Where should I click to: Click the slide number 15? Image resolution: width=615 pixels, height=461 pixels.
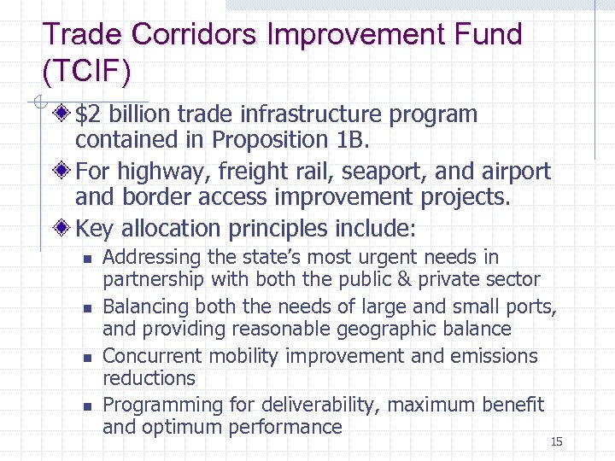(x=557, y=441)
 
